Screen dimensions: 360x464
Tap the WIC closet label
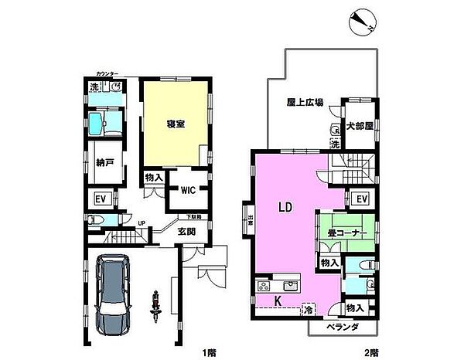tap(188, 191)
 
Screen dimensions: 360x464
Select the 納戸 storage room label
tap(106, 162)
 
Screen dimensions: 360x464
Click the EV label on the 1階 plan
tap(100, 199)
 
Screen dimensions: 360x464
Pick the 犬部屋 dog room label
tap(358, 124)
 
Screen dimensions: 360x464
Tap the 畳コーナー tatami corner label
tap(346, 231)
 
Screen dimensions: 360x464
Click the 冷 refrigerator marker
tap(307, 310)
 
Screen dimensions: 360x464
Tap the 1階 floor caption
tap(209, 352)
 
